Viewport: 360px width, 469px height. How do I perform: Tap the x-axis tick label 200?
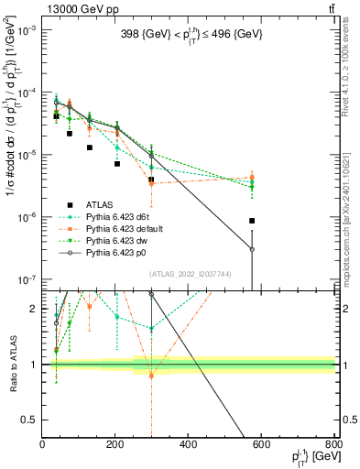point(115,445)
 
